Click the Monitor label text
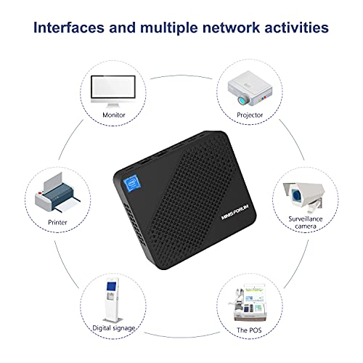(114, 115)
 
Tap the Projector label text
(249, 115)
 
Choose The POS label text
(248, 328)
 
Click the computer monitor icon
(113, 89)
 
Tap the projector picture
(248, 86)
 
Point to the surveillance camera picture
(306, 190)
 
